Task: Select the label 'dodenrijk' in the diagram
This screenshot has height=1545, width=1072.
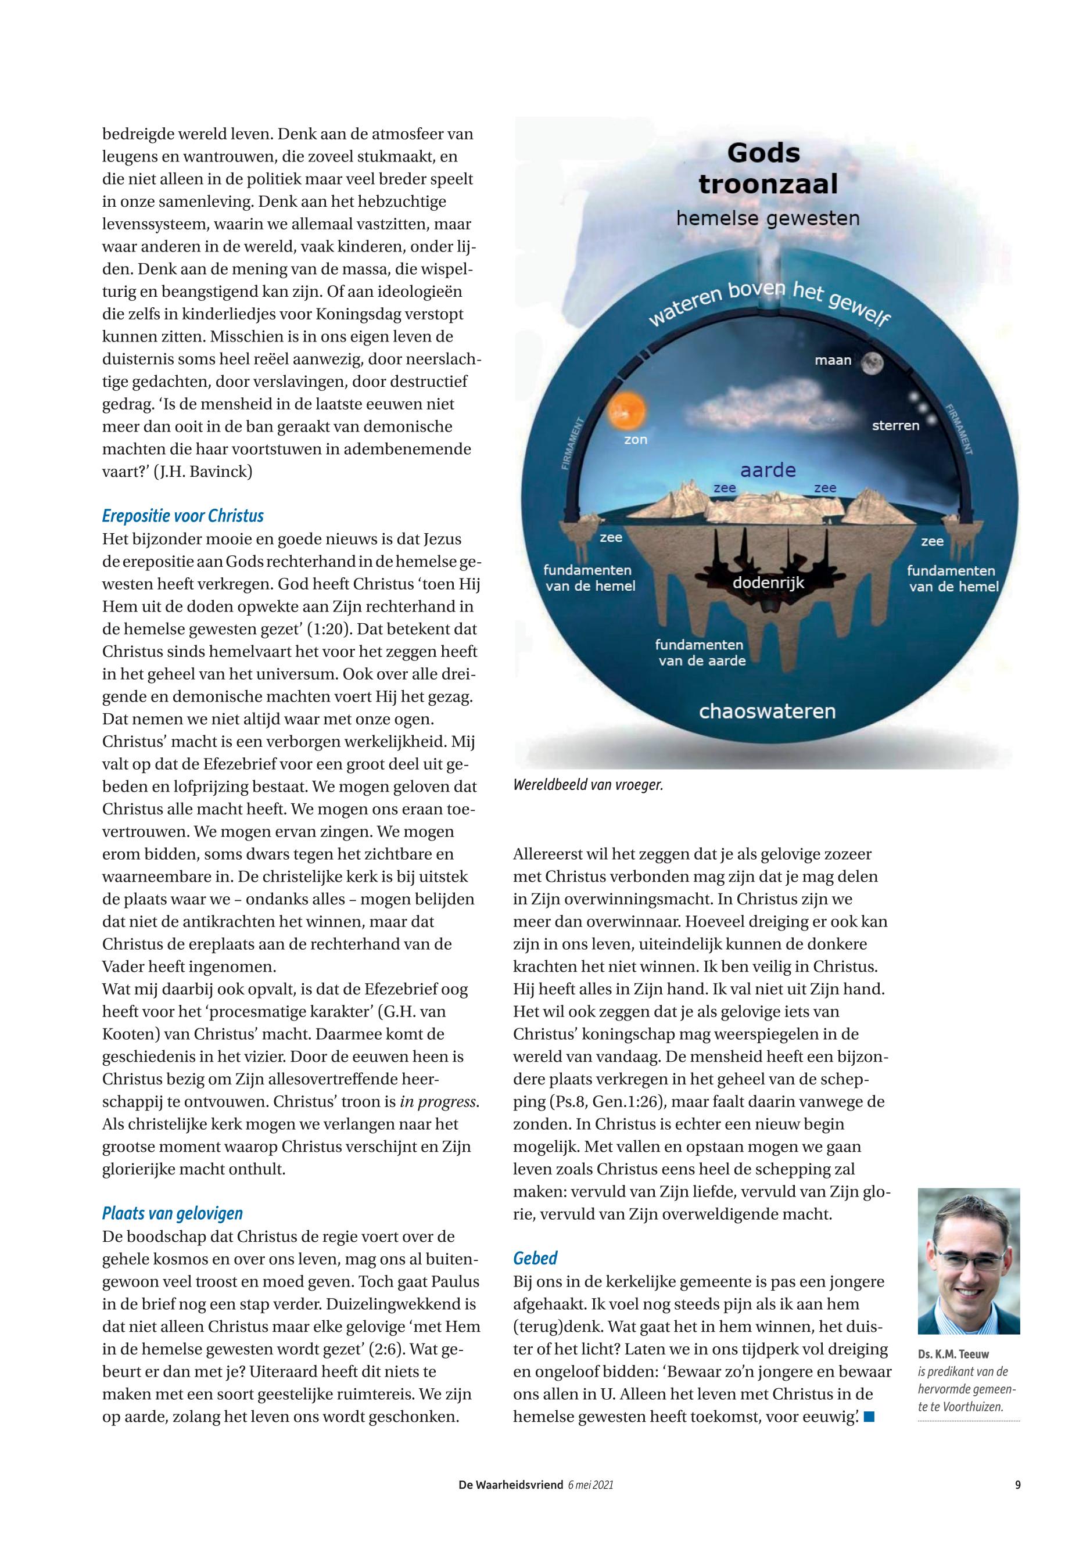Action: point(768,582)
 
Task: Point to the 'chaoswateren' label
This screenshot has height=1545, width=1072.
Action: point(767,711)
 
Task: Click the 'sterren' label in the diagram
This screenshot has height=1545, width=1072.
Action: point(895,425)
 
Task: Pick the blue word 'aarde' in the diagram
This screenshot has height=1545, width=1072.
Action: point(768,470)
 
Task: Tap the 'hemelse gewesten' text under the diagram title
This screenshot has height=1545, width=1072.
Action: point(767,218)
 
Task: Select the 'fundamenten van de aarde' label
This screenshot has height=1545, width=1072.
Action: point(701,653)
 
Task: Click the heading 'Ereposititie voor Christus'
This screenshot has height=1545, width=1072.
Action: point(182,516)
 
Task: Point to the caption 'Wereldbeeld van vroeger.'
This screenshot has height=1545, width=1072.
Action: point(588,785)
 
